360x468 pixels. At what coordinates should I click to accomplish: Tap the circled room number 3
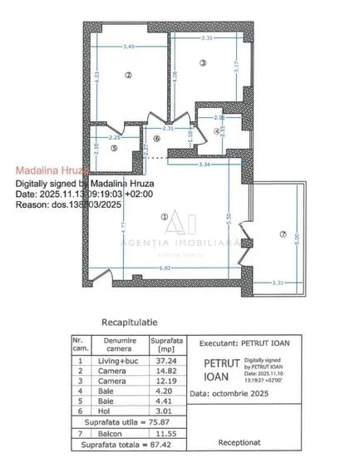point(202,63)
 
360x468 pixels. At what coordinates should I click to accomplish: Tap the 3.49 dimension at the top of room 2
point(129,46)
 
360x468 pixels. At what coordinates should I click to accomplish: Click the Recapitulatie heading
point(129,321)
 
